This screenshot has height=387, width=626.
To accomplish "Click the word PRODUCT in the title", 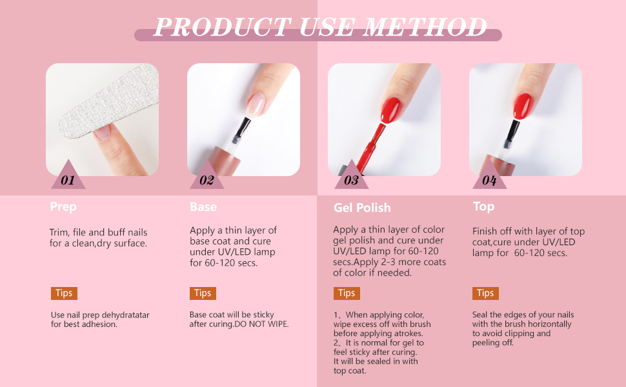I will (x=221, y=27).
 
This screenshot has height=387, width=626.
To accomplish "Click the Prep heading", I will (x=63, y=207).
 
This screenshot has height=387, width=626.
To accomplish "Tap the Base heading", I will (x=203, y=207).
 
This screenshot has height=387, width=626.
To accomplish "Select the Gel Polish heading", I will (x=362, y=208).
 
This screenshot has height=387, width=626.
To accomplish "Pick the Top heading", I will (x=483, y=206).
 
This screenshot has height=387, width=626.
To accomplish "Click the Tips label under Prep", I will (x=64, y=293).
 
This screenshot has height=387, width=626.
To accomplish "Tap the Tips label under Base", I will (x=203, y=293).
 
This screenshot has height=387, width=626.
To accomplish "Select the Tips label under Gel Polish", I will (x=347, y=293).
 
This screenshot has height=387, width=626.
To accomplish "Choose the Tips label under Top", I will (x=485, y=293).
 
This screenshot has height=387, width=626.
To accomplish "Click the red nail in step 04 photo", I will (x=524, y=104).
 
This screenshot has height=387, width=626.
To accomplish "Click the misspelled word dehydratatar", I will (x=123, y=315).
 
